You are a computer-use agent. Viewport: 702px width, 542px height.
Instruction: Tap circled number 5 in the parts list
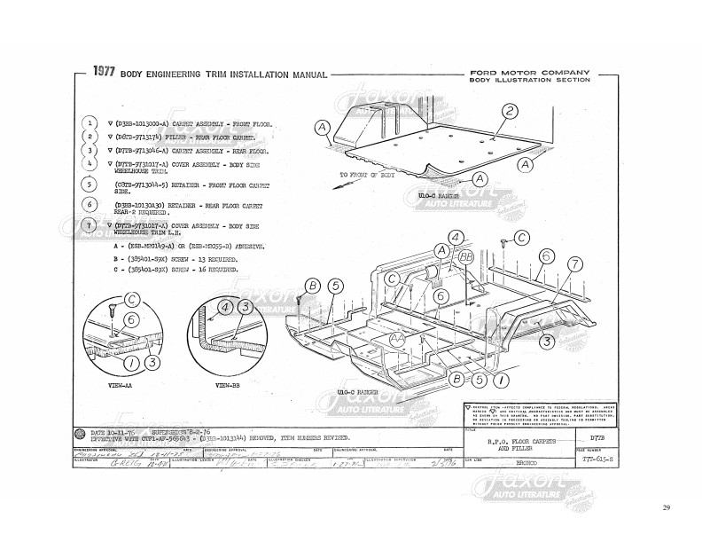click(89, 185)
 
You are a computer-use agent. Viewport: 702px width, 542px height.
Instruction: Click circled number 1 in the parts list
click(89, 122)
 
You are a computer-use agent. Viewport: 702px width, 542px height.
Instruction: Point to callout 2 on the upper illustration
click(510, 111)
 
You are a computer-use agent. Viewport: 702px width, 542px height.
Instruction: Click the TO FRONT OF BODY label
click(370, 176)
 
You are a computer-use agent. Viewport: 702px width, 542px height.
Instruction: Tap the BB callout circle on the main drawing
click(466, 255)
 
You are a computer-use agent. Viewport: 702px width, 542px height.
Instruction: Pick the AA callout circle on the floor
click(397, 340)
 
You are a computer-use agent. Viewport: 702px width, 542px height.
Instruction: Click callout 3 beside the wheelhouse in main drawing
click(547, 340)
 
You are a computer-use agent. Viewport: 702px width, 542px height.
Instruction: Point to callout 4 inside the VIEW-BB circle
click(225, 307)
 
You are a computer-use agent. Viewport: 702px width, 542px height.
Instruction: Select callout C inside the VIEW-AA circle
click(132, 300)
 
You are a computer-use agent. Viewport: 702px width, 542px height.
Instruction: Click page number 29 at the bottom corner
click(666, 532)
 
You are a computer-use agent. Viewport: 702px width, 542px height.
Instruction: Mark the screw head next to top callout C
click(504, 242)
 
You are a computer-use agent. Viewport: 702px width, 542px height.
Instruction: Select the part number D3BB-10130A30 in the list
click(143, 204)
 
